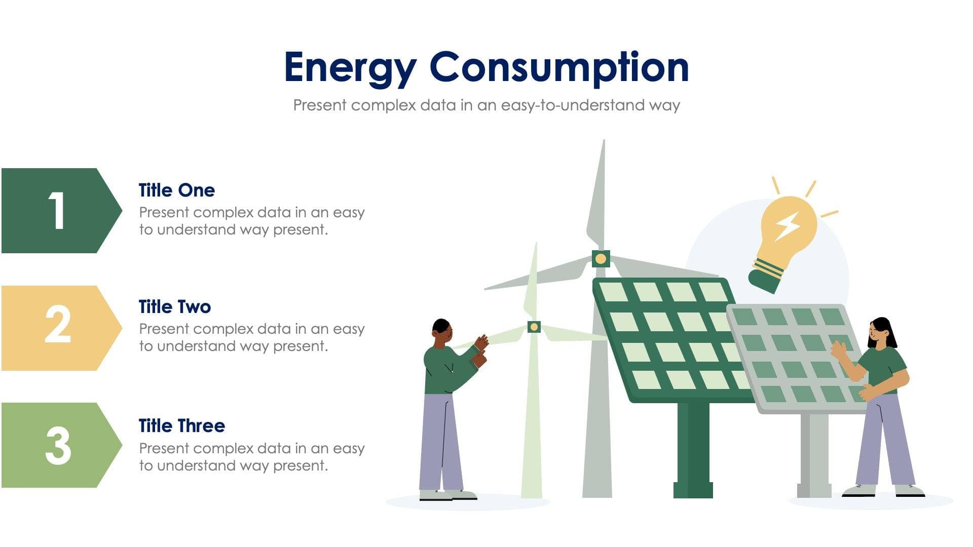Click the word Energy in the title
pyautogui.click(x=350, y=67)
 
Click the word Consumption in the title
pyautogui.click(x=559, y=67)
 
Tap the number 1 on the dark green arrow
pyautogui.click(x=57, y=211)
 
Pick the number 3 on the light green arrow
pyautogui.click(x=58, y=445)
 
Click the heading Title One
pyautogui.click(x=176, y=190)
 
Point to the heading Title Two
pyautogui.click(x=174, y=307)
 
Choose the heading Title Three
pyautogui.click(x=181, y=426)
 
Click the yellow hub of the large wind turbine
pyautogui.click(x=601, y=259)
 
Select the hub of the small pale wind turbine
pyautogui.click(x=534, y=327)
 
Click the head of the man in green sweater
pyautogui.click(x=441, y=331)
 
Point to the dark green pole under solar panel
pyautogui.click(x=693, y=446)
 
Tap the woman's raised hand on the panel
pyautogui.click(x=838, y=349)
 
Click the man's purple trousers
pyautogui.click(x=440, y=441)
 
